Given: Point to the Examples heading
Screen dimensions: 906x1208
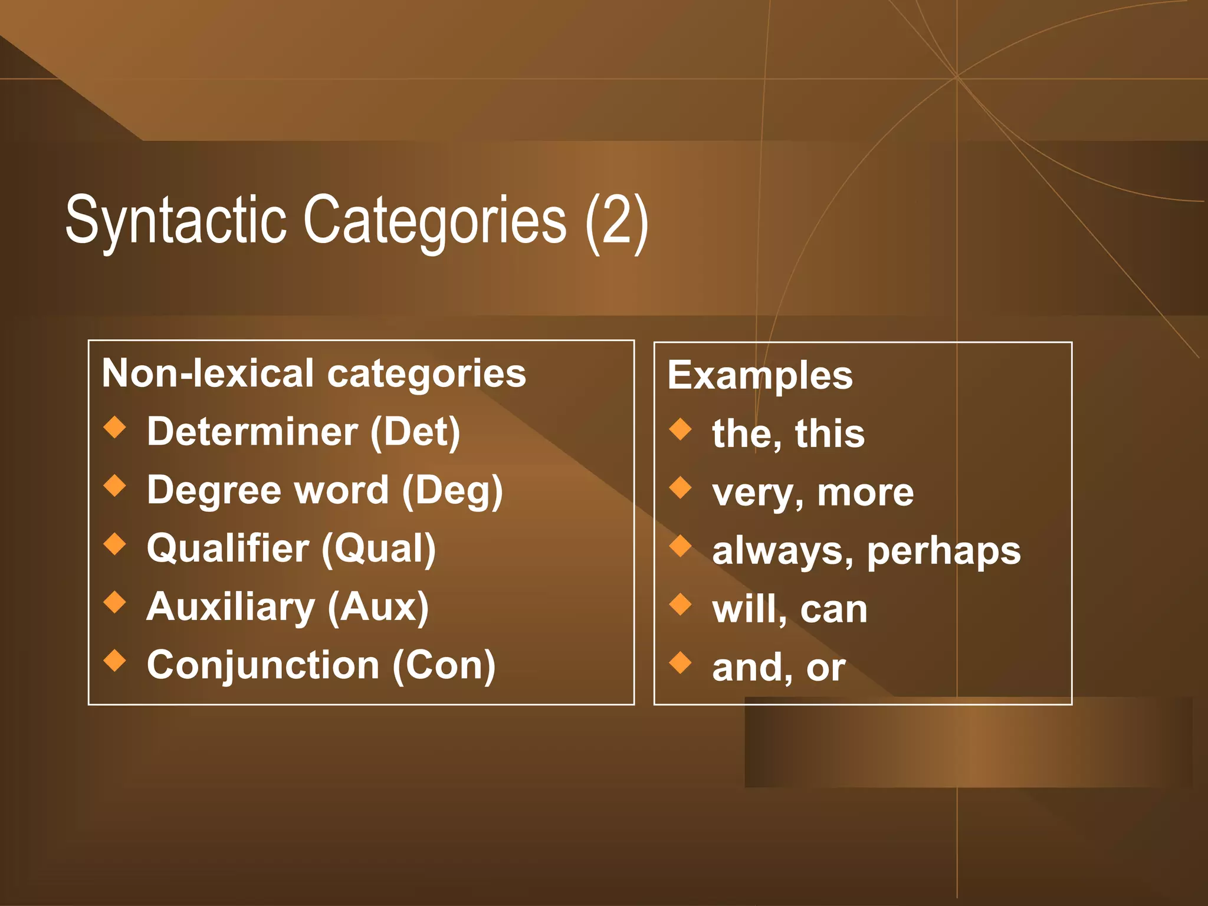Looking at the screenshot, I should [x=760, y=376].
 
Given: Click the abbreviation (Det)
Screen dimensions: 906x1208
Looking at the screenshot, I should [x=415, y=432].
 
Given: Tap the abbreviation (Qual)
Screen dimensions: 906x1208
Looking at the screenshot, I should [x=379, y=549].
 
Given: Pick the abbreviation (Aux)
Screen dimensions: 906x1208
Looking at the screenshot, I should [x=378, y=607].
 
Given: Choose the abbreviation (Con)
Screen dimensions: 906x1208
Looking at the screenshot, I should [x=444, y=665].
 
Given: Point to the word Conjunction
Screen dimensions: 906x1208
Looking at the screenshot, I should [x=263, y=665].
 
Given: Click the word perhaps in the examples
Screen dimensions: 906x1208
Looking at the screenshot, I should [x=944, y=552].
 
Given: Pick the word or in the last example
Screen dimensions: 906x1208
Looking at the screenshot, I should [x=826, y=669].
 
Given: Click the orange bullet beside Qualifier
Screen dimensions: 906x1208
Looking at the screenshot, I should [x=115, y=544].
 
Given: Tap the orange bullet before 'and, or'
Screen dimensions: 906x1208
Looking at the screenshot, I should [x=681, y=662].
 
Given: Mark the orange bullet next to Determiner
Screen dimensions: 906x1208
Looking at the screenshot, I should [x=115, y=428].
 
